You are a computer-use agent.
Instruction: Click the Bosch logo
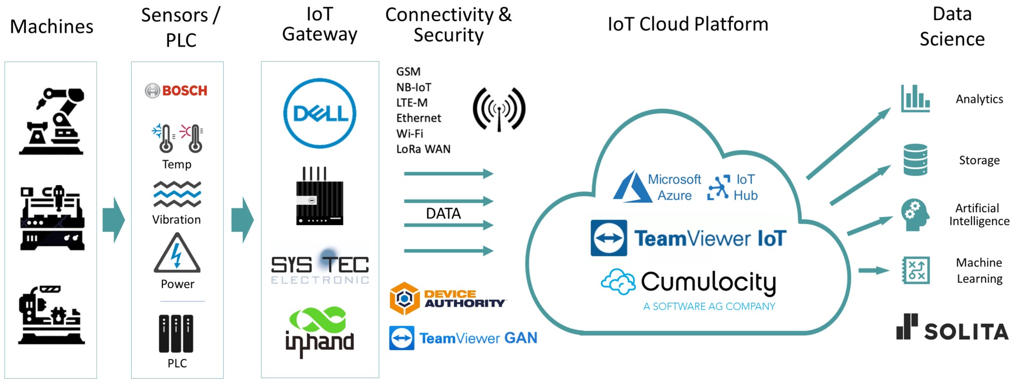(x=176, y=91)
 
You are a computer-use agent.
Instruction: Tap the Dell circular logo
(x=320, y=113)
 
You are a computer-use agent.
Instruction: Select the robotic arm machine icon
(x=52, y=121)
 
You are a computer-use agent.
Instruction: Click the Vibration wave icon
(x=177, y=195)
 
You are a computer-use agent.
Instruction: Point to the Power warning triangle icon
(x=177, y=254)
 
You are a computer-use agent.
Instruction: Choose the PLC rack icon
(x=176, y=333)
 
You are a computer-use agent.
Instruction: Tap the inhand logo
(x=320, y=332)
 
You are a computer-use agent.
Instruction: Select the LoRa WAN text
(x=423, y=149)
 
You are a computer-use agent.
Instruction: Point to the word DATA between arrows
(x=443, y=213)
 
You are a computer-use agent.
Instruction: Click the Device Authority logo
(x=447, y=299)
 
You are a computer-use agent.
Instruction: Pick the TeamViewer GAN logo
(x=463, y=338)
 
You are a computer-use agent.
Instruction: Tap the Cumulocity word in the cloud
(x=709, y=282)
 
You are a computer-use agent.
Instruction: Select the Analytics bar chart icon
(x=915, y=99)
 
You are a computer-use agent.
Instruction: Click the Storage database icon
(x=915, y=160)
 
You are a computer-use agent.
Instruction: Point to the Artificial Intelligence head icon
(x=914, y=214)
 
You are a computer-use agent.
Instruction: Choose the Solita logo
(x=952, y=328)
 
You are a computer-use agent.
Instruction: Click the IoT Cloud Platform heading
(x=688, y=24)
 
